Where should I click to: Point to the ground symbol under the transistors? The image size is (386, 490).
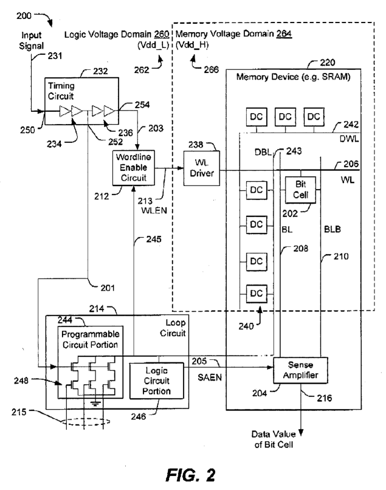[95, 403]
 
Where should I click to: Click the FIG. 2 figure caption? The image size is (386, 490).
[190, 475]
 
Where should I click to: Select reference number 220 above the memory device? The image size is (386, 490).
[327, 63]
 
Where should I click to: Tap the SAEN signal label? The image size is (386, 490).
[209, 378]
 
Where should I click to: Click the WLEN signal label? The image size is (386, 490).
[154, 210]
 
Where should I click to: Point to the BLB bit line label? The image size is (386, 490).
[333, 229]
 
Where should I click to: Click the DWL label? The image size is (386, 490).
[349, 139]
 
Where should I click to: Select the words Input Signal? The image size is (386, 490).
[31, 41]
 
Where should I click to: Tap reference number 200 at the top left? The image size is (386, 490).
[24, 16]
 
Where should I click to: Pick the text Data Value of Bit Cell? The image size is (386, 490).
[274, 439]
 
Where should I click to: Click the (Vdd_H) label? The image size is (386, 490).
[192, 46]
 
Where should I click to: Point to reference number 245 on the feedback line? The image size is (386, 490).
[154, 240]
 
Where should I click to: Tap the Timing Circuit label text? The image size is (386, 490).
[61, 91]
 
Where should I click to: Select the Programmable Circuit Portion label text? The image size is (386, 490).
[91, 339]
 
